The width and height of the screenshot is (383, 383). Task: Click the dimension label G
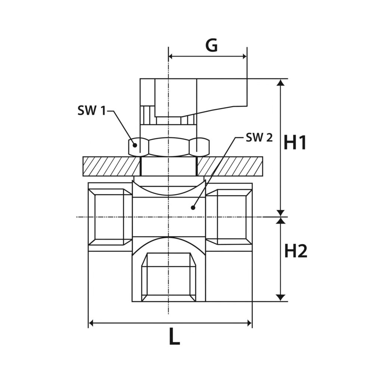(x=212, y=45)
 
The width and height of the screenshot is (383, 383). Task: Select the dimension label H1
(x=295, y=143)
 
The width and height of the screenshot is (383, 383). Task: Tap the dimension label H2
(x=296, y=251)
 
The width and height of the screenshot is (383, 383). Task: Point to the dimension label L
(x=174, y=338)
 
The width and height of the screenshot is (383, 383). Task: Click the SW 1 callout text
(x=92, y=111)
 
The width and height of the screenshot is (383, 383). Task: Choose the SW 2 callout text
(x=259, y=138)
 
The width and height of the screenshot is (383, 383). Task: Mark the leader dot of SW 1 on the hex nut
(x=135, y=145)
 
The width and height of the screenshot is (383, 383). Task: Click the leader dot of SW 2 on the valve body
(x=193, y=208)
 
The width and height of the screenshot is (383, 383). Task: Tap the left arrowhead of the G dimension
(x=171, y=57)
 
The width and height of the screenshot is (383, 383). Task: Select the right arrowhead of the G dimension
(x=244, y=57)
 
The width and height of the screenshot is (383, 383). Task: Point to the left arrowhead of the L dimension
(x=91, y=324)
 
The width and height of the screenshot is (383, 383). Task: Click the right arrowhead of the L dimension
(x=249, y=324)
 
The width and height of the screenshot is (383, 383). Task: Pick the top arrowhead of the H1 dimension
(x=281, y=82)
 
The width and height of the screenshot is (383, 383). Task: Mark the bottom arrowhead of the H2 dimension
(x=281, y=298)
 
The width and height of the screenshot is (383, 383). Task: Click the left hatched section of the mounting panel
(x=111, y=166)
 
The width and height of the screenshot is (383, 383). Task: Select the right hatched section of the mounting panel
(x=230, y=166)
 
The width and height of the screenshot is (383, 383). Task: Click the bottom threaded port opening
(x=169, y=277)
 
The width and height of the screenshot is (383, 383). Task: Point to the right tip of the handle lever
(x=247, y=105)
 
